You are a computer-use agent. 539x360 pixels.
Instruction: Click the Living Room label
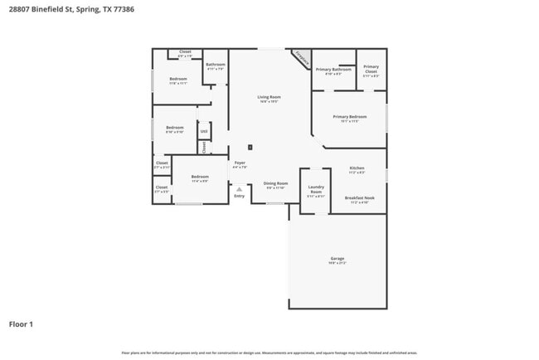tap(269, 98)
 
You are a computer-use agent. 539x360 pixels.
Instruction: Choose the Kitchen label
tap(357, 168)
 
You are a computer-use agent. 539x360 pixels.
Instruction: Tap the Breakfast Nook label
tap(359, 197)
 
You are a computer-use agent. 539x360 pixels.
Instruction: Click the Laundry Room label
tap(315, 190)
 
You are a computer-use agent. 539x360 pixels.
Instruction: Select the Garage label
tap(337, 259)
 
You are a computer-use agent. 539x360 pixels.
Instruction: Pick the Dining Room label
tap(275, 183)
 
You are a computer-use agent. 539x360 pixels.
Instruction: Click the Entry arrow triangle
tap(239, 189)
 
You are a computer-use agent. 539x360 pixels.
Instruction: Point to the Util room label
tap(203, 131)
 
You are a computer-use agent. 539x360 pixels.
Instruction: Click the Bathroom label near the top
tap(216, 65)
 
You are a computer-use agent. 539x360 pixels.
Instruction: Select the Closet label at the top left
tap(185, 51)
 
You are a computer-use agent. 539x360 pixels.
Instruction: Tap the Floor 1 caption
tap(22, 324)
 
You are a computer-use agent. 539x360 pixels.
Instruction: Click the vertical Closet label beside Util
tap(203, 147)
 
